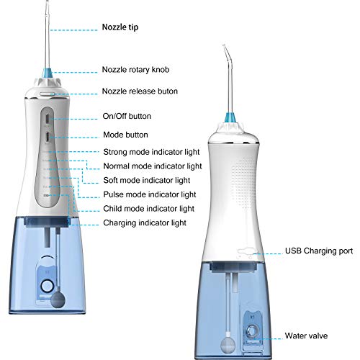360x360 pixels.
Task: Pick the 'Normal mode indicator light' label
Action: (157, 166)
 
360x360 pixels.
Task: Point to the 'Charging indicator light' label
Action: (144, 222)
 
